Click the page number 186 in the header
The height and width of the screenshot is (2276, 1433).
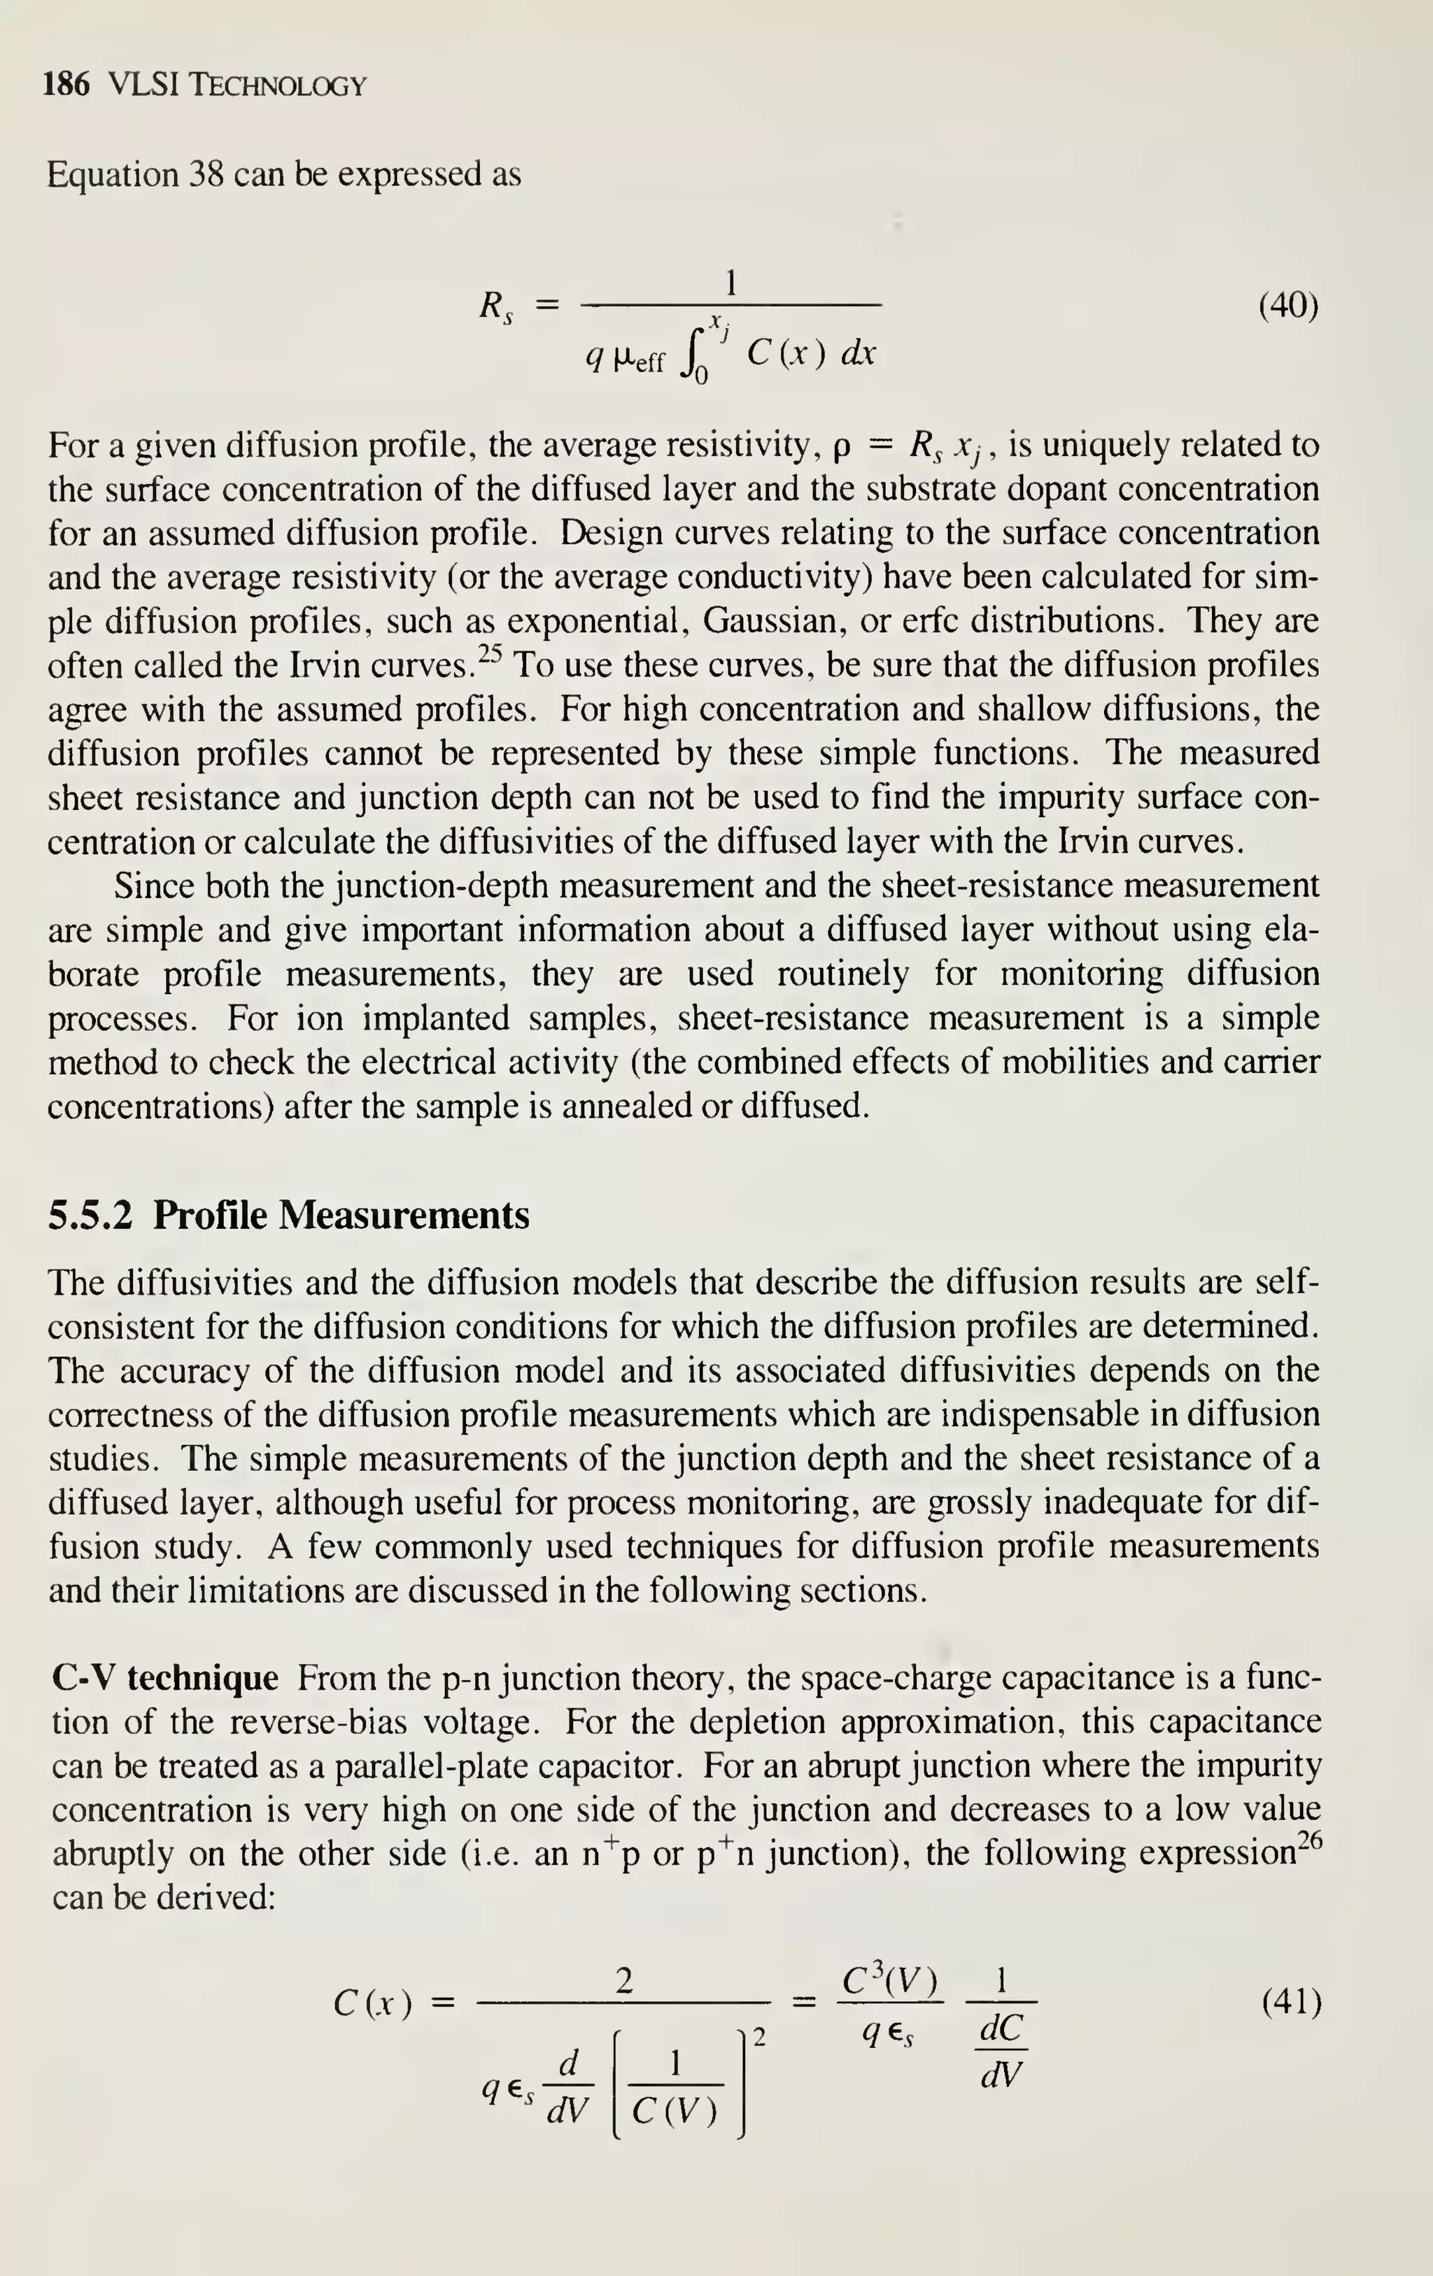tap(66, 85)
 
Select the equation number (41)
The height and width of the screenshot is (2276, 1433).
tap(1291, 2001)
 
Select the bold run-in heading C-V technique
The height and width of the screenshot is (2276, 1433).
tap(165, 1679)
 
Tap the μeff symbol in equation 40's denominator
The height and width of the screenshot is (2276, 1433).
tap(639, 358)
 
